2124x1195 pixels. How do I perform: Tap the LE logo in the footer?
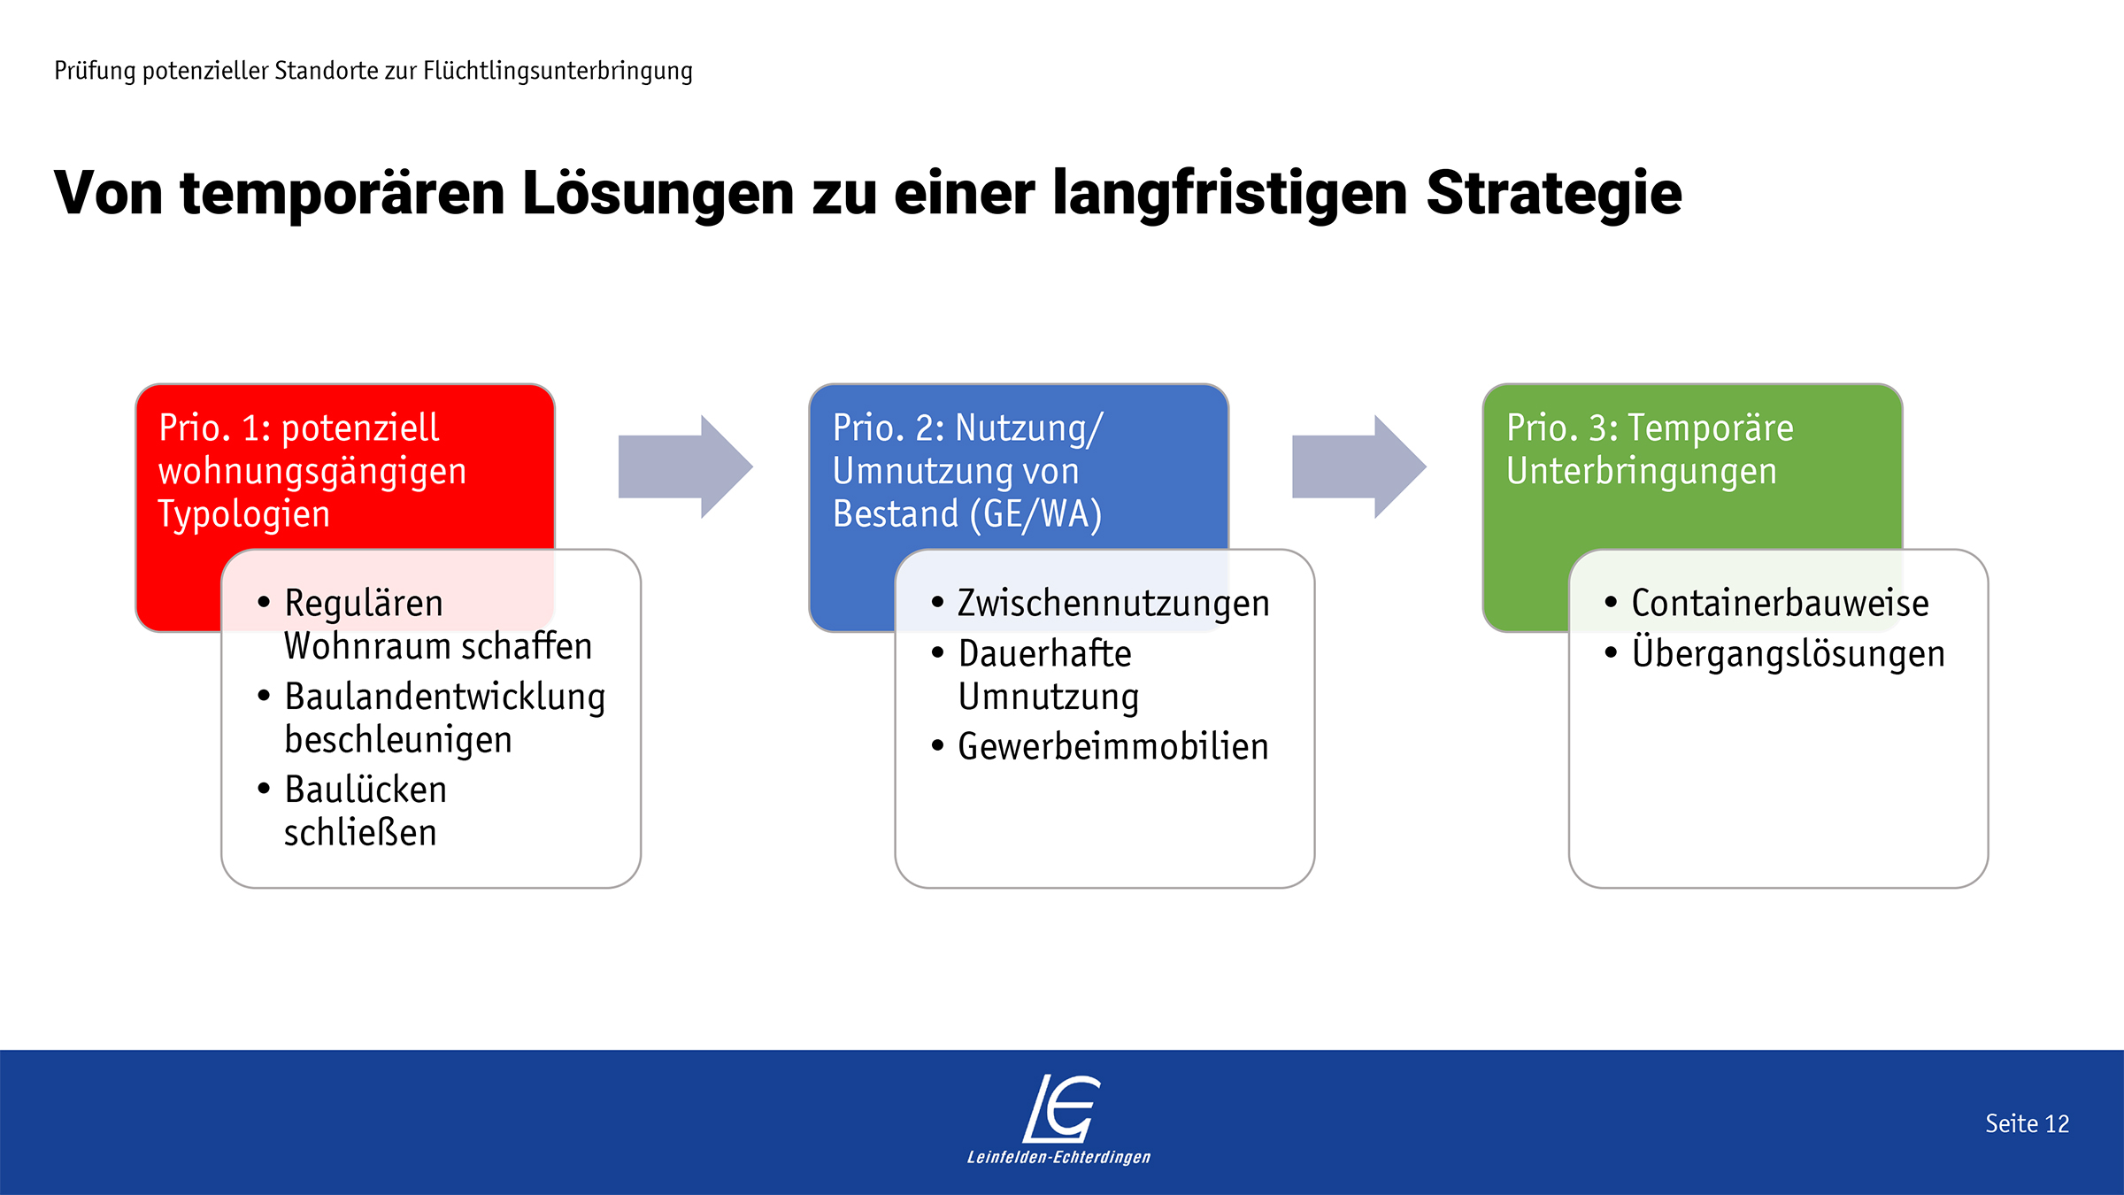click(x=1061, y=1108)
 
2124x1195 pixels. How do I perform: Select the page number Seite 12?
click(x=2027, y=1123)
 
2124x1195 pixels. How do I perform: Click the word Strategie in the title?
click(x=1554, y=193)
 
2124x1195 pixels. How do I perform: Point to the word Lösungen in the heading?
click(x=658, y=193)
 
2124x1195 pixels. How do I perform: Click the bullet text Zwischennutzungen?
click(x=1113, y=604)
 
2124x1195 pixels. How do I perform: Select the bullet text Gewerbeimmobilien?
click(x=1113, y=746)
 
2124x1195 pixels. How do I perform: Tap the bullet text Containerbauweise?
click(x=1780, y=603)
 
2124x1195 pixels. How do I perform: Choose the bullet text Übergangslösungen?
click(x=1788, y=652)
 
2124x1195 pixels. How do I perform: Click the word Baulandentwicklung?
click(x=445, y=697)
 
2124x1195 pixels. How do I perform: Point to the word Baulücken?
click(x=366, y=790)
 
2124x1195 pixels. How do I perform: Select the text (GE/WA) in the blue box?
click(x=1035, y=514)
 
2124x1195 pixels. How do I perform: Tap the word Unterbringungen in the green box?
click(x=1642, y=472)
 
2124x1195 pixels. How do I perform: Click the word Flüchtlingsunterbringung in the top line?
click(x=558, y=71)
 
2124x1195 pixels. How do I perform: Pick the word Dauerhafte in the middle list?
click(x=1044, y=653)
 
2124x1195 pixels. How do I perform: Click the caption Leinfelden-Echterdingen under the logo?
click(x=1059, y=1158)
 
